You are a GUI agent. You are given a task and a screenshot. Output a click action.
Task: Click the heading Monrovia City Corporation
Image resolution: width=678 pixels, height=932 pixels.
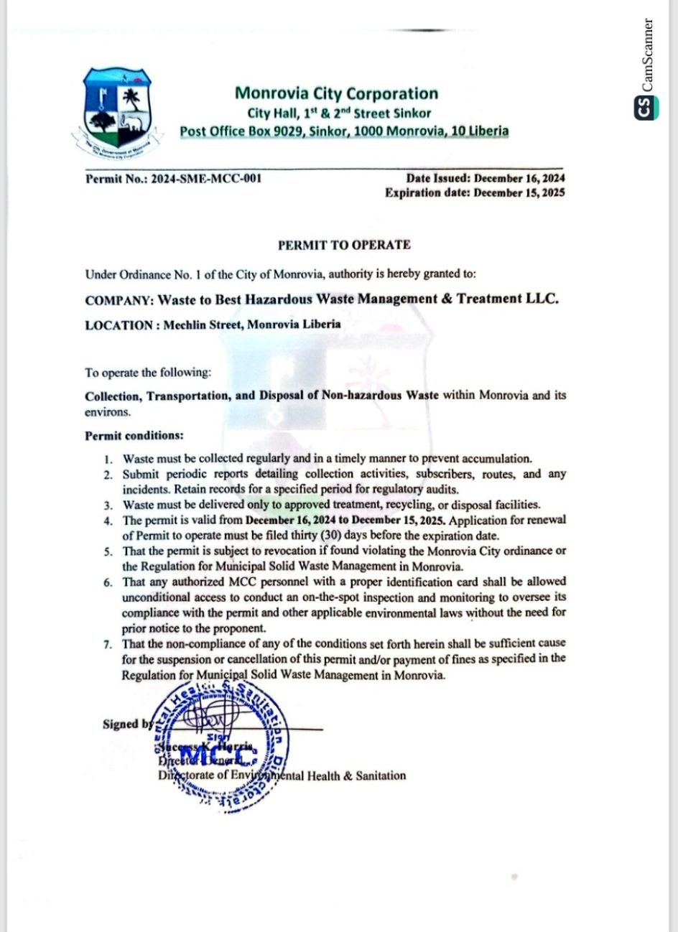(x=336, y=93)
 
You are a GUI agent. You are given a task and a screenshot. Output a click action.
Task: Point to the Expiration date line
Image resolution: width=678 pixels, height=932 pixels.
(x=474, y=192)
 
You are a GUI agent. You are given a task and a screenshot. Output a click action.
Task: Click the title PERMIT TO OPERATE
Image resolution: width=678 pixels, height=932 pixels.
(x=344, y=245)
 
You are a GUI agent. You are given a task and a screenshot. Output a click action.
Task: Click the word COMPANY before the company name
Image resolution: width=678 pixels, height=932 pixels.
(x=116, y=299)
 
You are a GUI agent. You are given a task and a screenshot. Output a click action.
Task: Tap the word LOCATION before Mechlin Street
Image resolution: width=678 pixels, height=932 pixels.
(x=118, y=325)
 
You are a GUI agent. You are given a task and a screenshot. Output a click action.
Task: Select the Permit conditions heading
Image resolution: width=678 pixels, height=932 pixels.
(x=134, y=436)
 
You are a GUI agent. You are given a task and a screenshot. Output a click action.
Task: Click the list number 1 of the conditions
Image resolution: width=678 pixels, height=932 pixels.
(x=107, y=459)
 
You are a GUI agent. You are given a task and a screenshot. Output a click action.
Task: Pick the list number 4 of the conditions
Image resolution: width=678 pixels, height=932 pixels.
(x=107, y=521)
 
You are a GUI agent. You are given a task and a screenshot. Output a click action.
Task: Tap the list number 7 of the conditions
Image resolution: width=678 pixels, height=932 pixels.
(x=107, y=644)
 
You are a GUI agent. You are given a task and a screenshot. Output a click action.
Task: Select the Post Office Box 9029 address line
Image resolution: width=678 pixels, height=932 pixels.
(x=344, y=131)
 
